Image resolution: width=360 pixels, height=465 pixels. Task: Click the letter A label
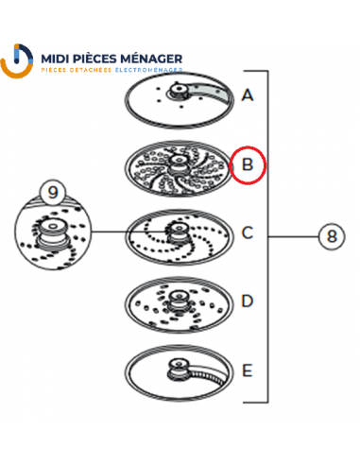(248, 95)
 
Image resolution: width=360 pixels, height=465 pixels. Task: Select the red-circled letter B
(248, 164)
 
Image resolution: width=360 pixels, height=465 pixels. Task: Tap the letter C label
(248, 232)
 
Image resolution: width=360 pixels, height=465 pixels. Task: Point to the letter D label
(248, 301)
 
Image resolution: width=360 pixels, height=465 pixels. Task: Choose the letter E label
(248, 370)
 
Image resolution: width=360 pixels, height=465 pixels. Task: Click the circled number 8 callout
(332, 236)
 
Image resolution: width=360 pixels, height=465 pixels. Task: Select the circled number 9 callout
(53, 192)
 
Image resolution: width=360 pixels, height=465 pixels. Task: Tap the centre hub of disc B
(179, 164)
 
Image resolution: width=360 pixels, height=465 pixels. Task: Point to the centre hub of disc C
(179, 232)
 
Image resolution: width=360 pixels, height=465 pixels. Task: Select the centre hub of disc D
(179, 301)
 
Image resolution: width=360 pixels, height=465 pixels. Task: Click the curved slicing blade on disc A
(209, 91)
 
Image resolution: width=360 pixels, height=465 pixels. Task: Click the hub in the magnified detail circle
(52, 233)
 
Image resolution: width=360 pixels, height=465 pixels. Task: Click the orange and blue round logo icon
(17, 60)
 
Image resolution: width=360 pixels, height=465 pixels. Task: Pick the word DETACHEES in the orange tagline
(91, 70)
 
